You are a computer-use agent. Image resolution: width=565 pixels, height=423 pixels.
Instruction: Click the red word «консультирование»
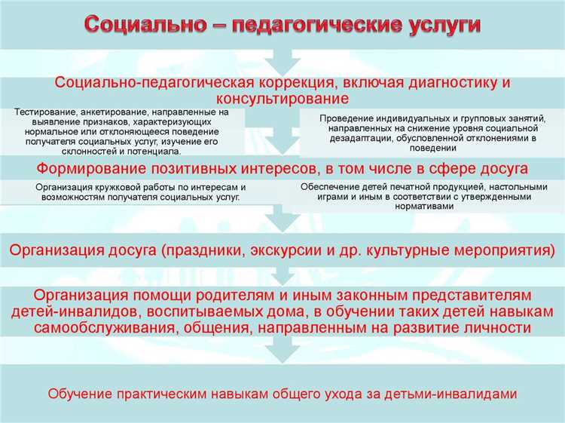[282, 99]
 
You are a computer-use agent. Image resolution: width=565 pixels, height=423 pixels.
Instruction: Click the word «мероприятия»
[505, 249]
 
